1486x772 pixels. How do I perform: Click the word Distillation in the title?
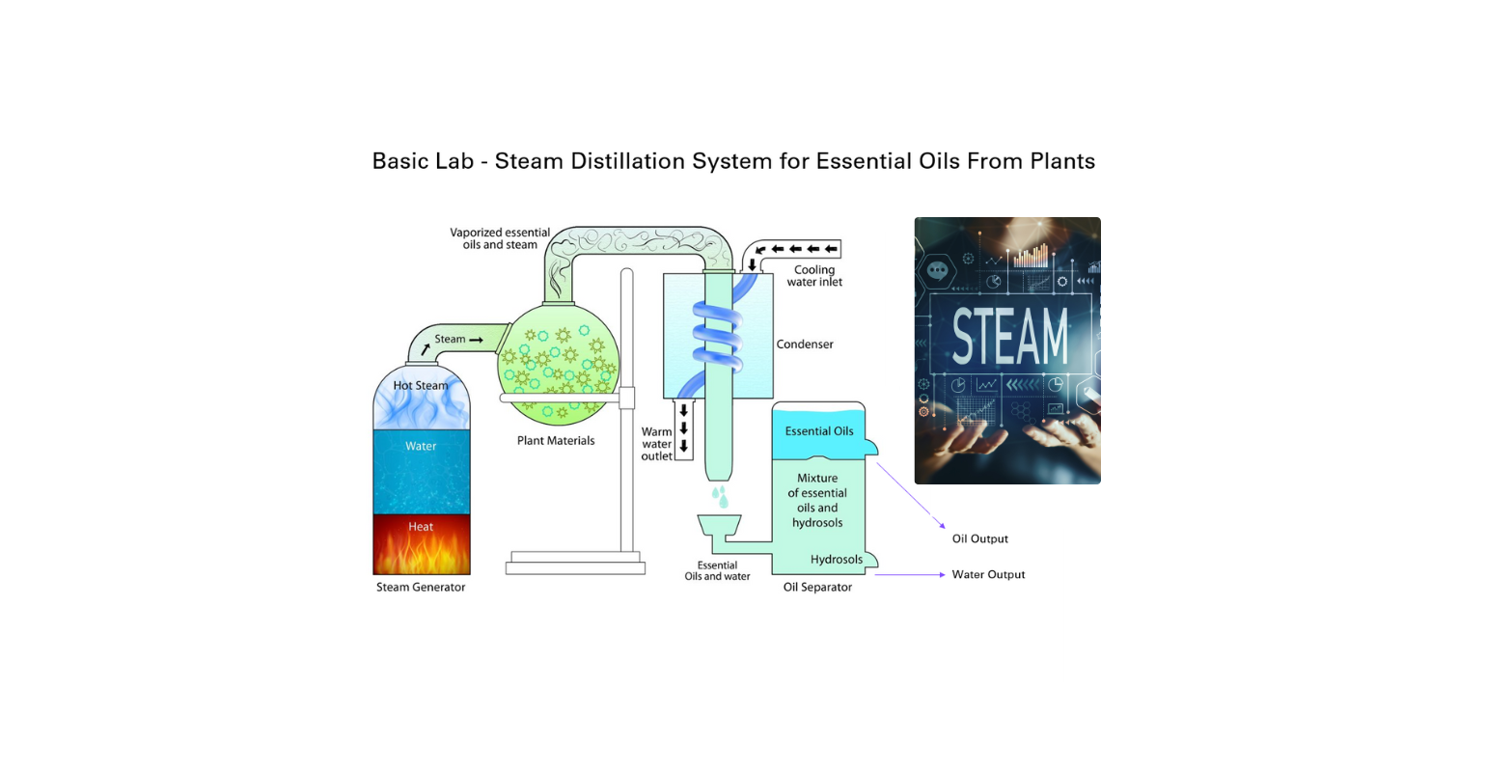[x=628, y=161]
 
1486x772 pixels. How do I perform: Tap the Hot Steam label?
[x=421, y=386]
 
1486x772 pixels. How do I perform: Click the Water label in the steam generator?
[x=421, y=446]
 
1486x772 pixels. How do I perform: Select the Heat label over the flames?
[x=421, y=527]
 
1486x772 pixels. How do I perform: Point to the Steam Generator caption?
[x=421, y=587]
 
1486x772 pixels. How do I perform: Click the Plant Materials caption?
[x=556, y=441]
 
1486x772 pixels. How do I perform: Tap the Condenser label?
[x=805, y=345]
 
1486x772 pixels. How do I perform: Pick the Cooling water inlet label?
[x=814, y=276]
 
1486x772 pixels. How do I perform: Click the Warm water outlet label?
[x=657, y=444]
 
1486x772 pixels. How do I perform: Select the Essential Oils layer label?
[x=819, y=431]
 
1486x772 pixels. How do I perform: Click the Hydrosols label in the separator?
[x=837, y=560]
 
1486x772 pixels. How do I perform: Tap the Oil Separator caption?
[x=817, y=587]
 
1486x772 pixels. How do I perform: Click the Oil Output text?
[x=979, y=538]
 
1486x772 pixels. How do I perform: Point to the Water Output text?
[x=988, y=574]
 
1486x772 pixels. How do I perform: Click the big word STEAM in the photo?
[x=1009, y=337]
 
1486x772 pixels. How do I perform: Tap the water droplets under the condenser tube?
[x=719, y=497]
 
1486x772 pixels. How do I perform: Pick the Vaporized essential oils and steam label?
[x=500, y=238]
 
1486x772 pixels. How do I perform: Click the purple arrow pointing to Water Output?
[x=911, y=575]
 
